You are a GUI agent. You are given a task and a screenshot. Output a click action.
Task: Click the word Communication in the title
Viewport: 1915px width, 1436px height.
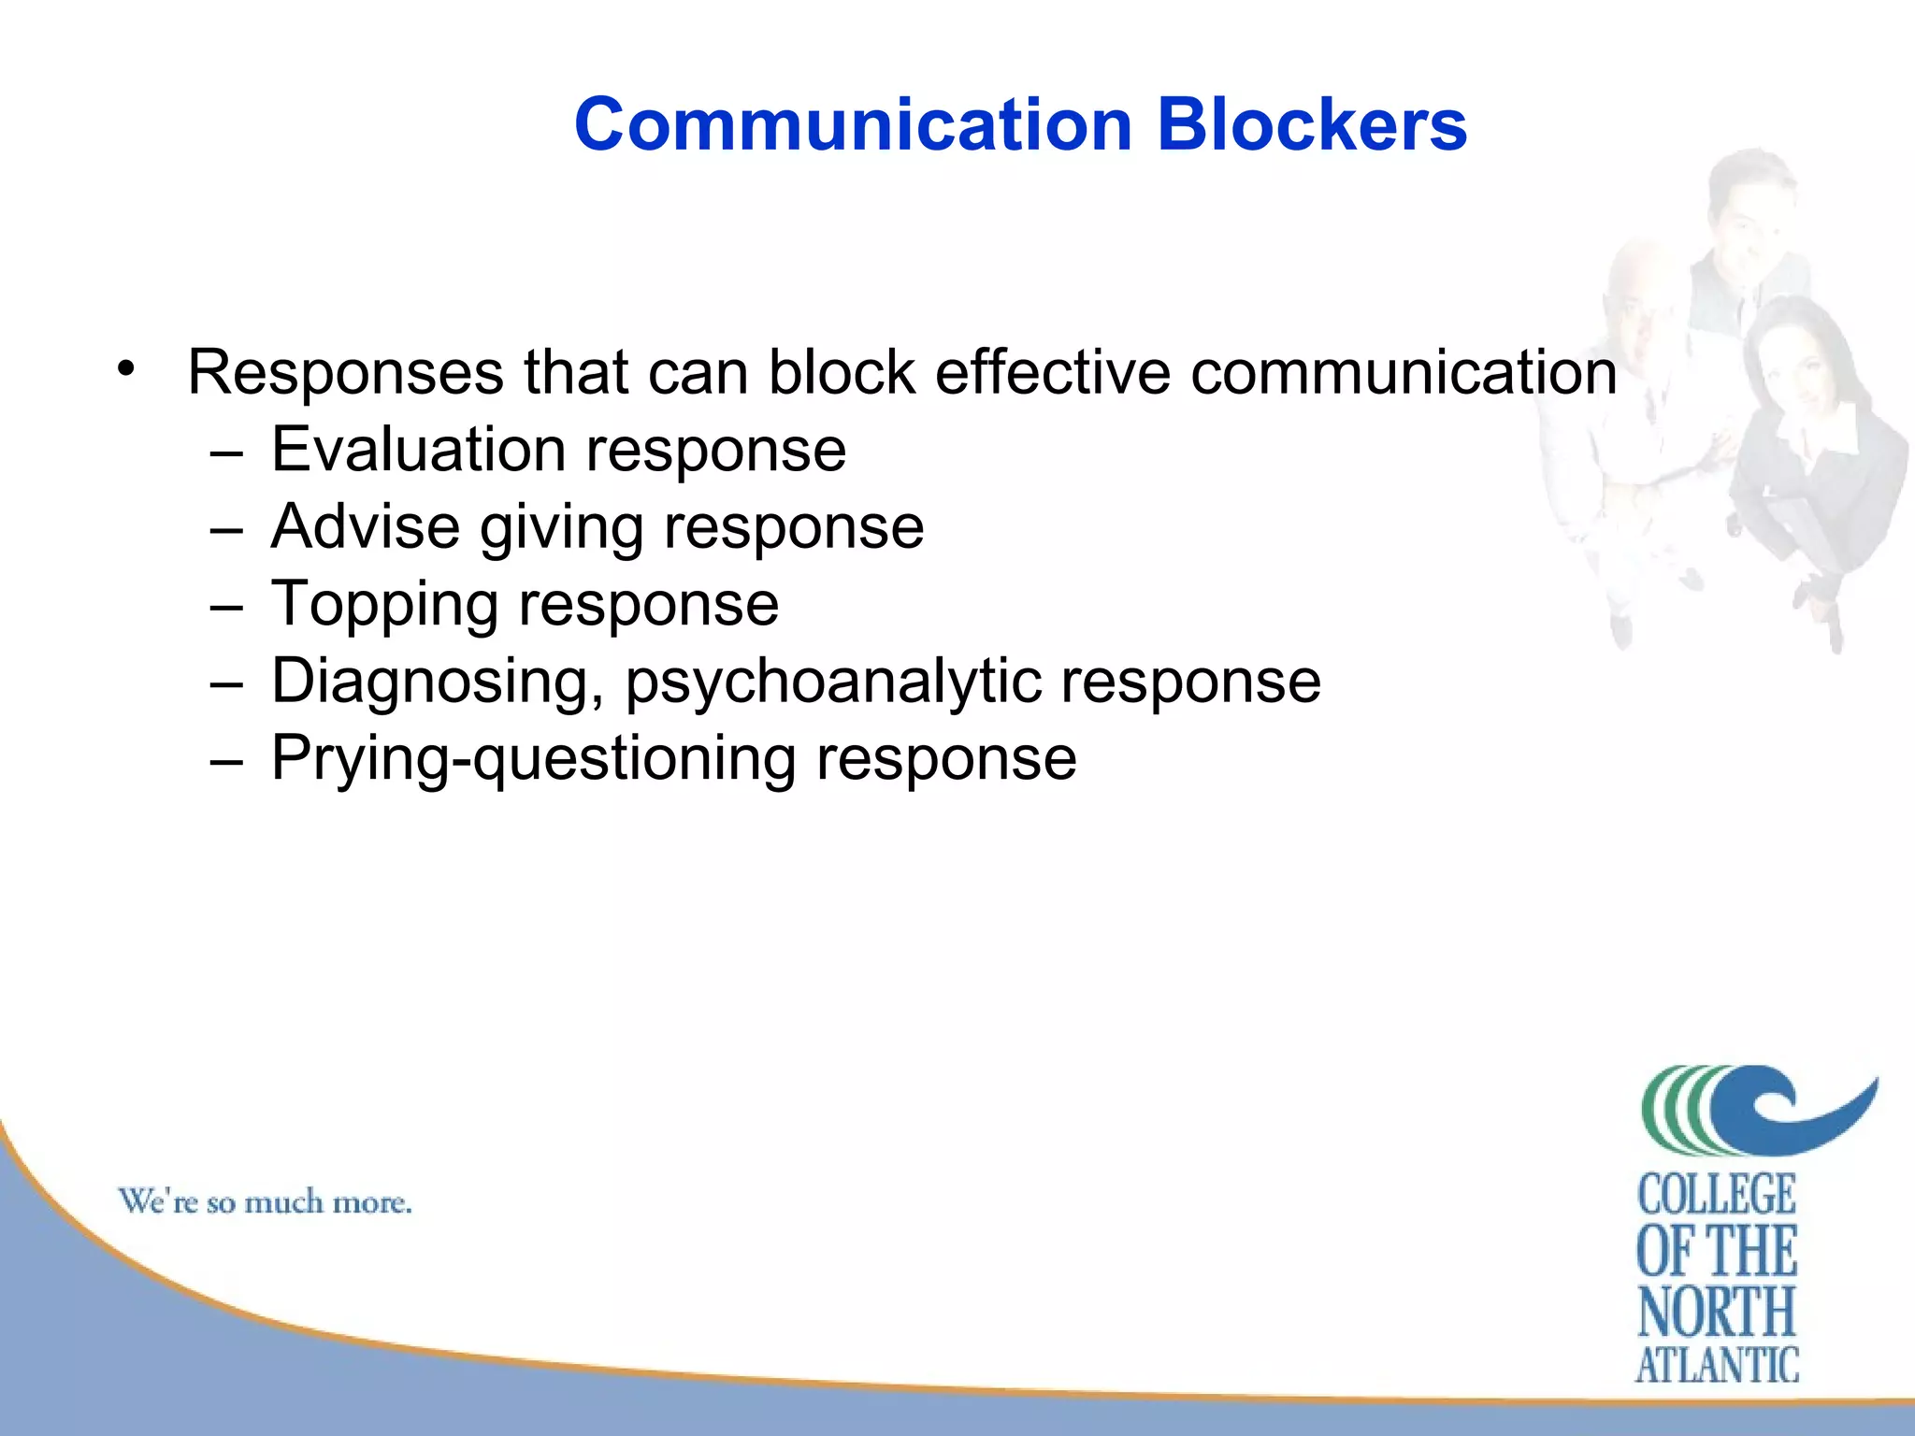pyautogui.click(x=853, y=124)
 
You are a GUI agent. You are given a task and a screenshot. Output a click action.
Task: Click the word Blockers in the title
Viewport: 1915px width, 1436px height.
pyautogui.click(x=1312, y=124)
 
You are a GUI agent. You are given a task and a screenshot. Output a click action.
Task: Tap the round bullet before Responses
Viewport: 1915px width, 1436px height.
pyautogui.click(x=127, y=368)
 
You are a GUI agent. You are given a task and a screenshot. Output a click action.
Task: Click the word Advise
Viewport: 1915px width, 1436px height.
pyautogui.click(x=365, y=526)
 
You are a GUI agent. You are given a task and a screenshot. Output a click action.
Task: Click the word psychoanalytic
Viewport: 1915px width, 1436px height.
pyautogui.click(x=832, y=682)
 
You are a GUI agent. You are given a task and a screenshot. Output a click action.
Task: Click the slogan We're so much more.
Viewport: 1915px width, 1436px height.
pyautogui.click(x=265, y=1201)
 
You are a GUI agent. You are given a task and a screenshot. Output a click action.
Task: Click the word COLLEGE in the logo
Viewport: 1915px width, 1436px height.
pyautogui.click(x=1717, y=1195)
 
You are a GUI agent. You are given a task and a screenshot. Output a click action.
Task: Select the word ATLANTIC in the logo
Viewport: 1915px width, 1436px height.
pyautogui.click(x=1717, y=1365)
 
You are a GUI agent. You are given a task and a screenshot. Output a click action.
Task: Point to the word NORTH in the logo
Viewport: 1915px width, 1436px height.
pyautogui.click(x=1717, y=1311)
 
